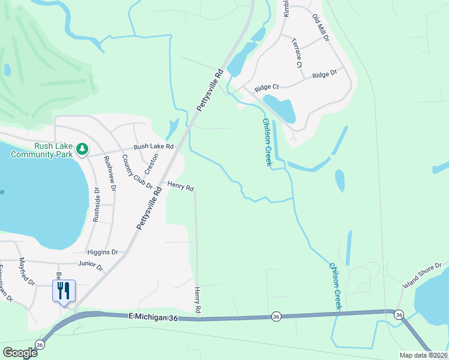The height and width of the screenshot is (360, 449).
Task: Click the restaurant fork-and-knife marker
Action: pyautogui.click(x=64, y=291)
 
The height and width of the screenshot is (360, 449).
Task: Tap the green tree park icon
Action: pyautogui.click(x=82, y=149)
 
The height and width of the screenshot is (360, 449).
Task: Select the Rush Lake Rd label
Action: pyautogui.click(x=153, y=146)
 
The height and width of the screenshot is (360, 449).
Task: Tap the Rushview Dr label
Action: pyautogui.click(x=109, y=173)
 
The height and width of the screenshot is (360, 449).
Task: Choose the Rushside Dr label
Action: pyautogui.click(x=95, y=204)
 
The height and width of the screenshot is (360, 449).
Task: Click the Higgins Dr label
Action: pyautogui.click(x=102, y=253)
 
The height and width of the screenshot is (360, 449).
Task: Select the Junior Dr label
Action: pyautogui.click(x=90, y=264)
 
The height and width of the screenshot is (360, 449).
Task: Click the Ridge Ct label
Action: pyautogui.click(x=267, y=88)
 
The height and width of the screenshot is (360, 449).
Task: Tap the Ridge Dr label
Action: pyautogui.click(x=325, y=74)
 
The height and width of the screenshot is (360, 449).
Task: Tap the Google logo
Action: pyautogui.click(x=20, y=353)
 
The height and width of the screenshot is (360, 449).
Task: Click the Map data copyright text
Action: pyautogui.click(x=424, y=355)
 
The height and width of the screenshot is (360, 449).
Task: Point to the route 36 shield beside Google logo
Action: pyautogui.click(x=40, y=345)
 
